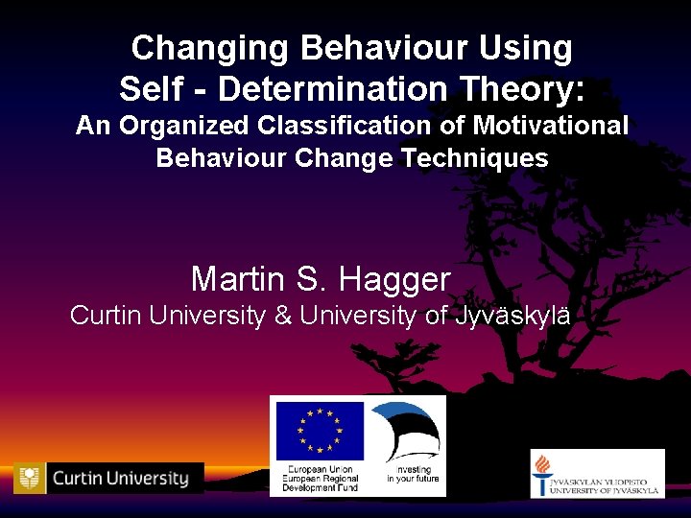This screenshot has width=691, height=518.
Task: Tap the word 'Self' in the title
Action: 147,89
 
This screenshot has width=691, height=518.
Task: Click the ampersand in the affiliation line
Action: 283,315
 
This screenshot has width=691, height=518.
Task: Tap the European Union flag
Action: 320,431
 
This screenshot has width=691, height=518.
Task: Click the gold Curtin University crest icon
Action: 31,477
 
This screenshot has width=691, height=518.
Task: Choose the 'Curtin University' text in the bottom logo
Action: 121,478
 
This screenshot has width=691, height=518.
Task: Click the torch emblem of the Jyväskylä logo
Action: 542,474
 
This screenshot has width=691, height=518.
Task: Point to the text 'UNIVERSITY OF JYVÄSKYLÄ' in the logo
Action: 610,490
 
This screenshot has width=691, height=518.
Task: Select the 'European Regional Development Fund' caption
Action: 320,479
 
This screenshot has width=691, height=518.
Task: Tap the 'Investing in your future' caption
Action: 413,474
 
